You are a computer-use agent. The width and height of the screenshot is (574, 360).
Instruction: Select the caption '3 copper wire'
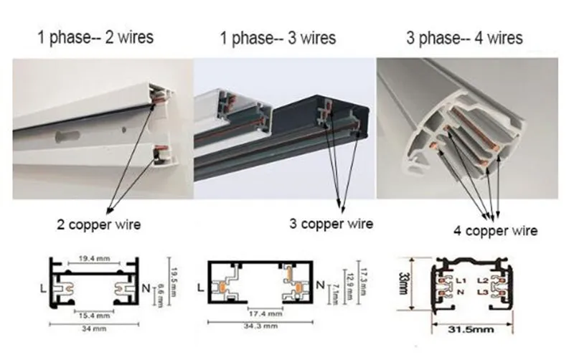click(x=331, y=224)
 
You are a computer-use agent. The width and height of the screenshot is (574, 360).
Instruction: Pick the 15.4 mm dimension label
click(x=93, y=315)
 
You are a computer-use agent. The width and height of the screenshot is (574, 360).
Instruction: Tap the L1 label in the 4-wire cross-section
click(x=461, y=278)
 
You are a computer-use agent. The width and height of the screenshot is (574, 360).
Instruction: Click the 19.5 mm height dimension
click(x=172, y=273)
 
